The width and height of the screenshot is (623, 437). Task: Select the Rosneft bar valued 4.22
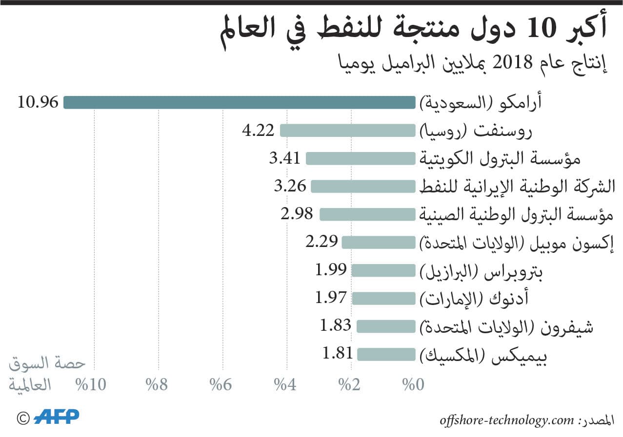pos(347,131)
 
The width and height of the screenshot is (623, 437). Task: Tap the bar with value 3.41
pos(360,159)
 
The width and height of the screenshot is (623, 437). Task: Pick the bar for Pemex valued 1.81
pos(385,354)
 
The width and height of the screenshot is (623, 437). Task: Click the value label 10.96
pos(38,102)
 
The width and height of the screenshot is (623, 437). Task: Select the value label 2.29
pos(322,241)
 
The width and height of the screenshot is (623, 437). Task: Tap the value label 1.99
pos(331,269)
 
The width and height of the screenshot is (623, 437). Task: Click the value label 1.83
pos(336,325)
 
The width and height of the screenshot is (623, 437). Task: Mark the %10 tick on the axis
pos(91,385)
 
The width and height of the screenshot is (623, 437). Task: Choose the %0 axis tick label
pos(413,385)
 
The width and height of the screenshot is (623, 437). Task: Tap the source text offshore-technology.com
pos(505,420)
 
